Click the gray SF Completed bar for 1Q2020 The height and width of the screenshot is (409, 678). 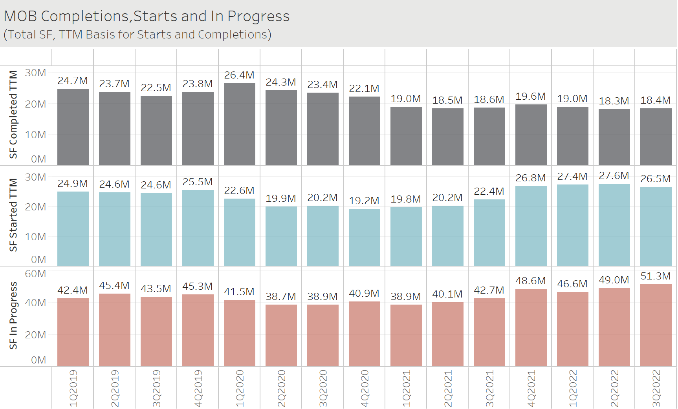(x=239, y=124)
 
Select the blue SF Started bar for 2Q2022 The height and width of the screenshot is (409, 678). (x=614, y=225)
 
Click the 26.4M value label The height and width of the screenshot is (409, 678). (x=239, y=75)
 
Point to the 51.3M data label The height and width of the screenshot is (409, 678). (x=656, y=276)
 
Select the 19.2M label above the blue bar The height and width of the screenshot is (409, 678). (x=364, y=201)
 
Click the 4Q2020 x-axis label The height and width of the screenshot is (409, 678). (x=365, y=388)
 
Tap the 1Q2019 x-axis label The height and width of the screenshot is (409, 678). (x=73, y=388)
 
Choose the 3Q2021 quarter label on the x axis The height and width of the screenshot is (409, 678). (x=489, y=388)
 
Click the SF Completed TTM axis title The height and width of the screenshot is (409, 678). (x=13, y=114)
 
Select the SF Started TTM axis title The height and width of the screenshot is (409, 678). (x=13, y=215)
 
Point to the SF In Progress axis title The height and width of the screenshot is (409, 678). (x=13, y=315)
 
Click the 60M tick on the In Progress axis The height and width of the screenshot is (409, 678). (x=35, y=274)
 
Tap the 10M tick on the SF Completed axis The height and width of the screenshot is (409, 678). (x=35, y=135)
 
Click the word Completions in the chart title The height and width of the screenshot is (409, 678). (x=85, y=16)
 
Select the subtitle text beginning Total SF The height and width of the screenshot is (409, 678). (x=137, y=35)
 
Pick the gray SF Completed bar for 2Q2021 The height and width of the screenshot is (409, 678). (x=447, y=137)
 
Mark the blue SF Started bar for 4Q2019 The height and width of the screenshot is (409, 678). (x=198, y=228)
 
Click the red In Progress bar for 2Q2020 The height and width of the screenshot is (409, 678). (x=281, y=335)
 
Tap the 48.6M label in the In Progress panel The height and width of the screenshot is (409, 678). (x=531, y=281)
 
